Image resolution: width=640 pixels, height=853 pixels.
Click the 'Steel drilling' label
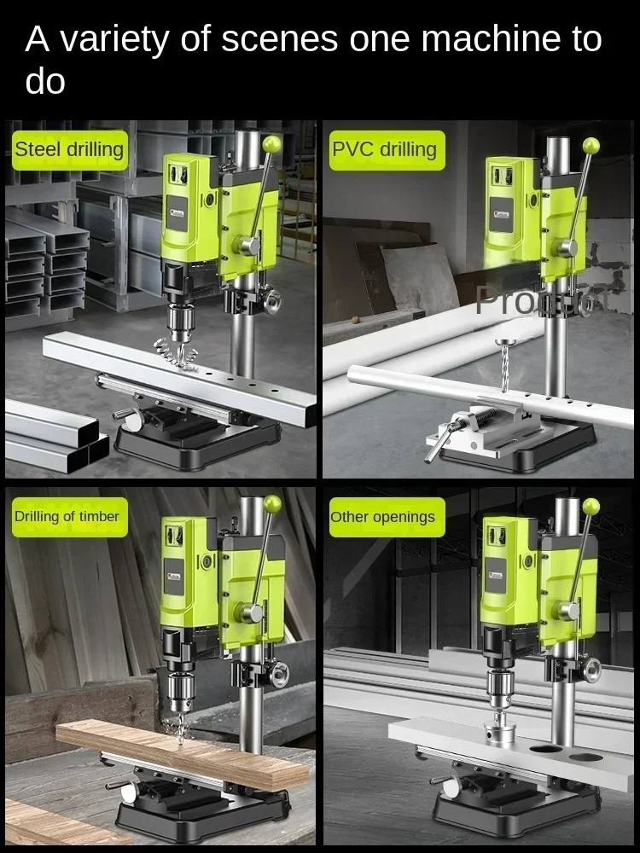69,150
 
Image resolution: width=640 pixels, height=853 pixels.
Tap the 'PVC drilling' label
384,150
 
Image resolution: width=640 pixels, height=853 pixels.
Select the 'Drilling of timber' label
67,516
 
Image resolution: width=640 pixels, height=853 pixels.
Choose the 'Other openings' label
382,517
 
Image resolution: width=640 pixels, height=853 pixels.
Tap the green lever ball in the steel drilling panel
272,145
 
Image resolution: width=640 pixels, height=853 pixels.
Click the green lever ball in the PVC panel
591,146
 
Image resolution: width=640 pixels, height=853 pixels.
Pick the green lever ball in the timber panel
272,504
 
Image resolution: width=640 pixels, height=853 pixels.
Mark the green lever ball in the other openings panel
591,507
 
